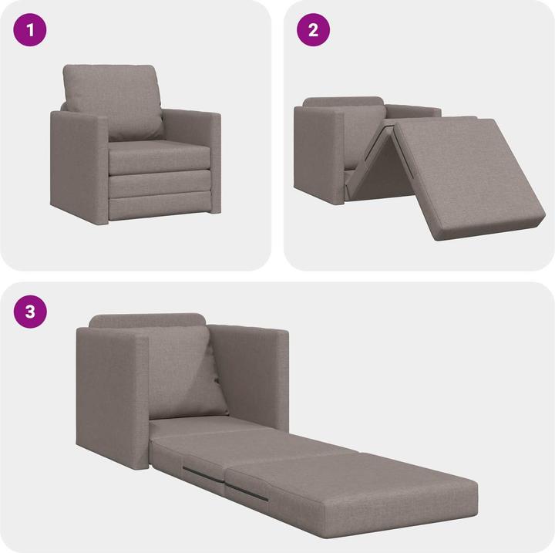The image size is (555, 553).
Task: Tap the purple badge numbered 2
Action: [x=314, y=32]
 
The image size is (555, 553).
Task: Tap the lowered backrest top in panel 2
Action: [x=344, y=102]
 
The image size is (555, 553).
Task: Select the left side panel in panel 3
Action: [x=113, y=393]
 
